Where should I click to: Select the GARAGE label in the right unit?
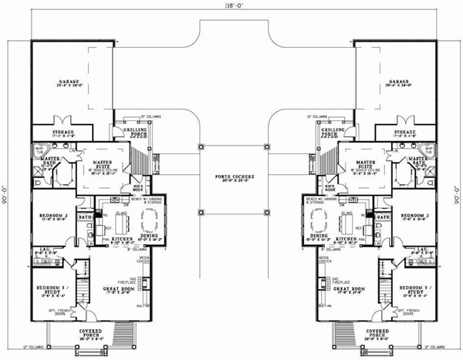pyautogui.click(x=399, y=81)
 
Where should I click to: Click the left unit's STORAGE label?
pyautogui.click(x=63, y=133)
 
